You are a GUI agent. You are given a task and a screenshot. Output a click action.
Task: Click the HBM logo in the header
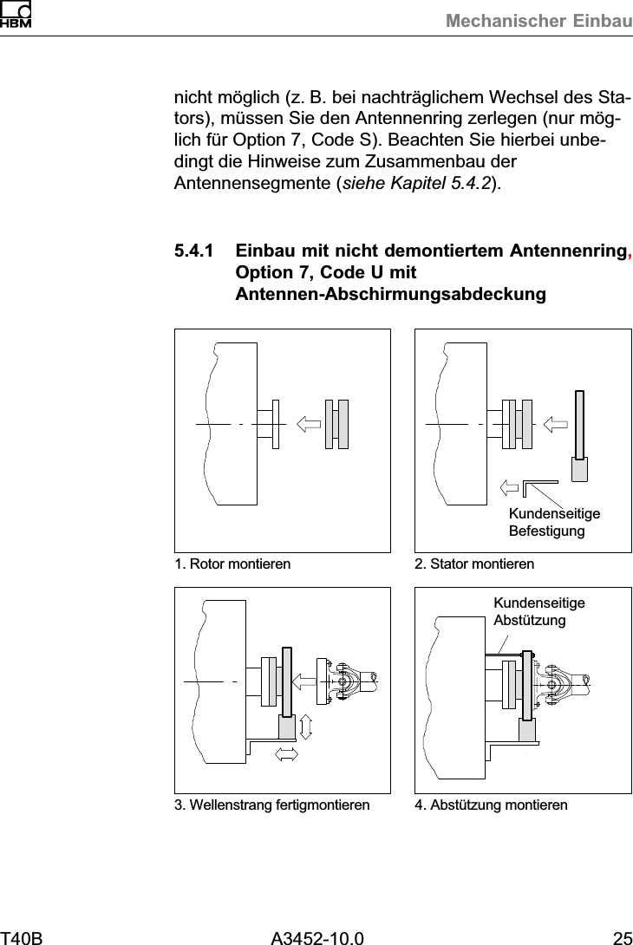16,15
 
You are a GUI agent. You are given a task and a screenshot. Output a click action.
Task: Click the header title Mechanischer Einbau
538,21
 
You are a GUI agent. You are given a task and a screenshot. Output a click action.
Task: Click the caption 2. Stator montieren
474,564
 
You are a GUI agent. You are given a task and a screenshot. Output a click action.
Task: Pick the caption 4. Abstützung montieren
491,805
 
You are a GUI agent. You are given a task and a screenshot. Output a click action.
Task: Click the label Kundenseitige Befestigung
554,522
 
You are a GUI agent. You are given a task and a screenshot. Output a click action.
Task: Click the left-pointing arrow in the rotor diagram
308,423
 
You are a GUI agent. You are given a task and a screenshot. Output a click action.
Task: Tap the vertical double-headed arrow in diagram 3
305,726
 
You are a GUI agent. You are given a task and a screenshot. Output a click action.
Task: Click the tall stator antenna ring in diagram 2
579,425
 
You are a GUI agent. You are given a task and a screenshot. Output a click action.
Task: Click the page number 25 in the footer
622,937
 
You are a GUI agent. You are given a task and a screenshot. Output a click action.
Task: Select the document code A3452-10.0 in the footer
316,937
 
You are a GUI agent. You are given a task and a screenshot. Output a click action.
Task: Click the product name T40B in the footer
22,937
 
